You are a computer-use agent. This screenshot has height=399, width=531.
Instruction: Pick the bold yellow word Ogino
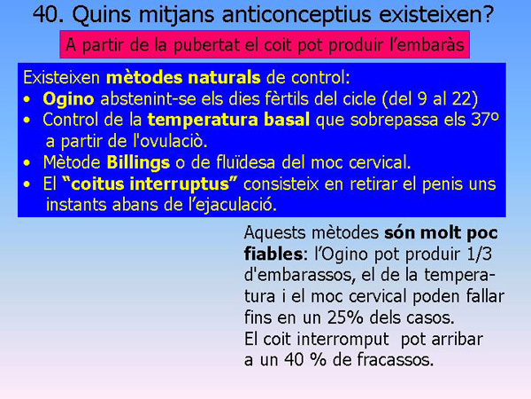pos(65,98)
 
